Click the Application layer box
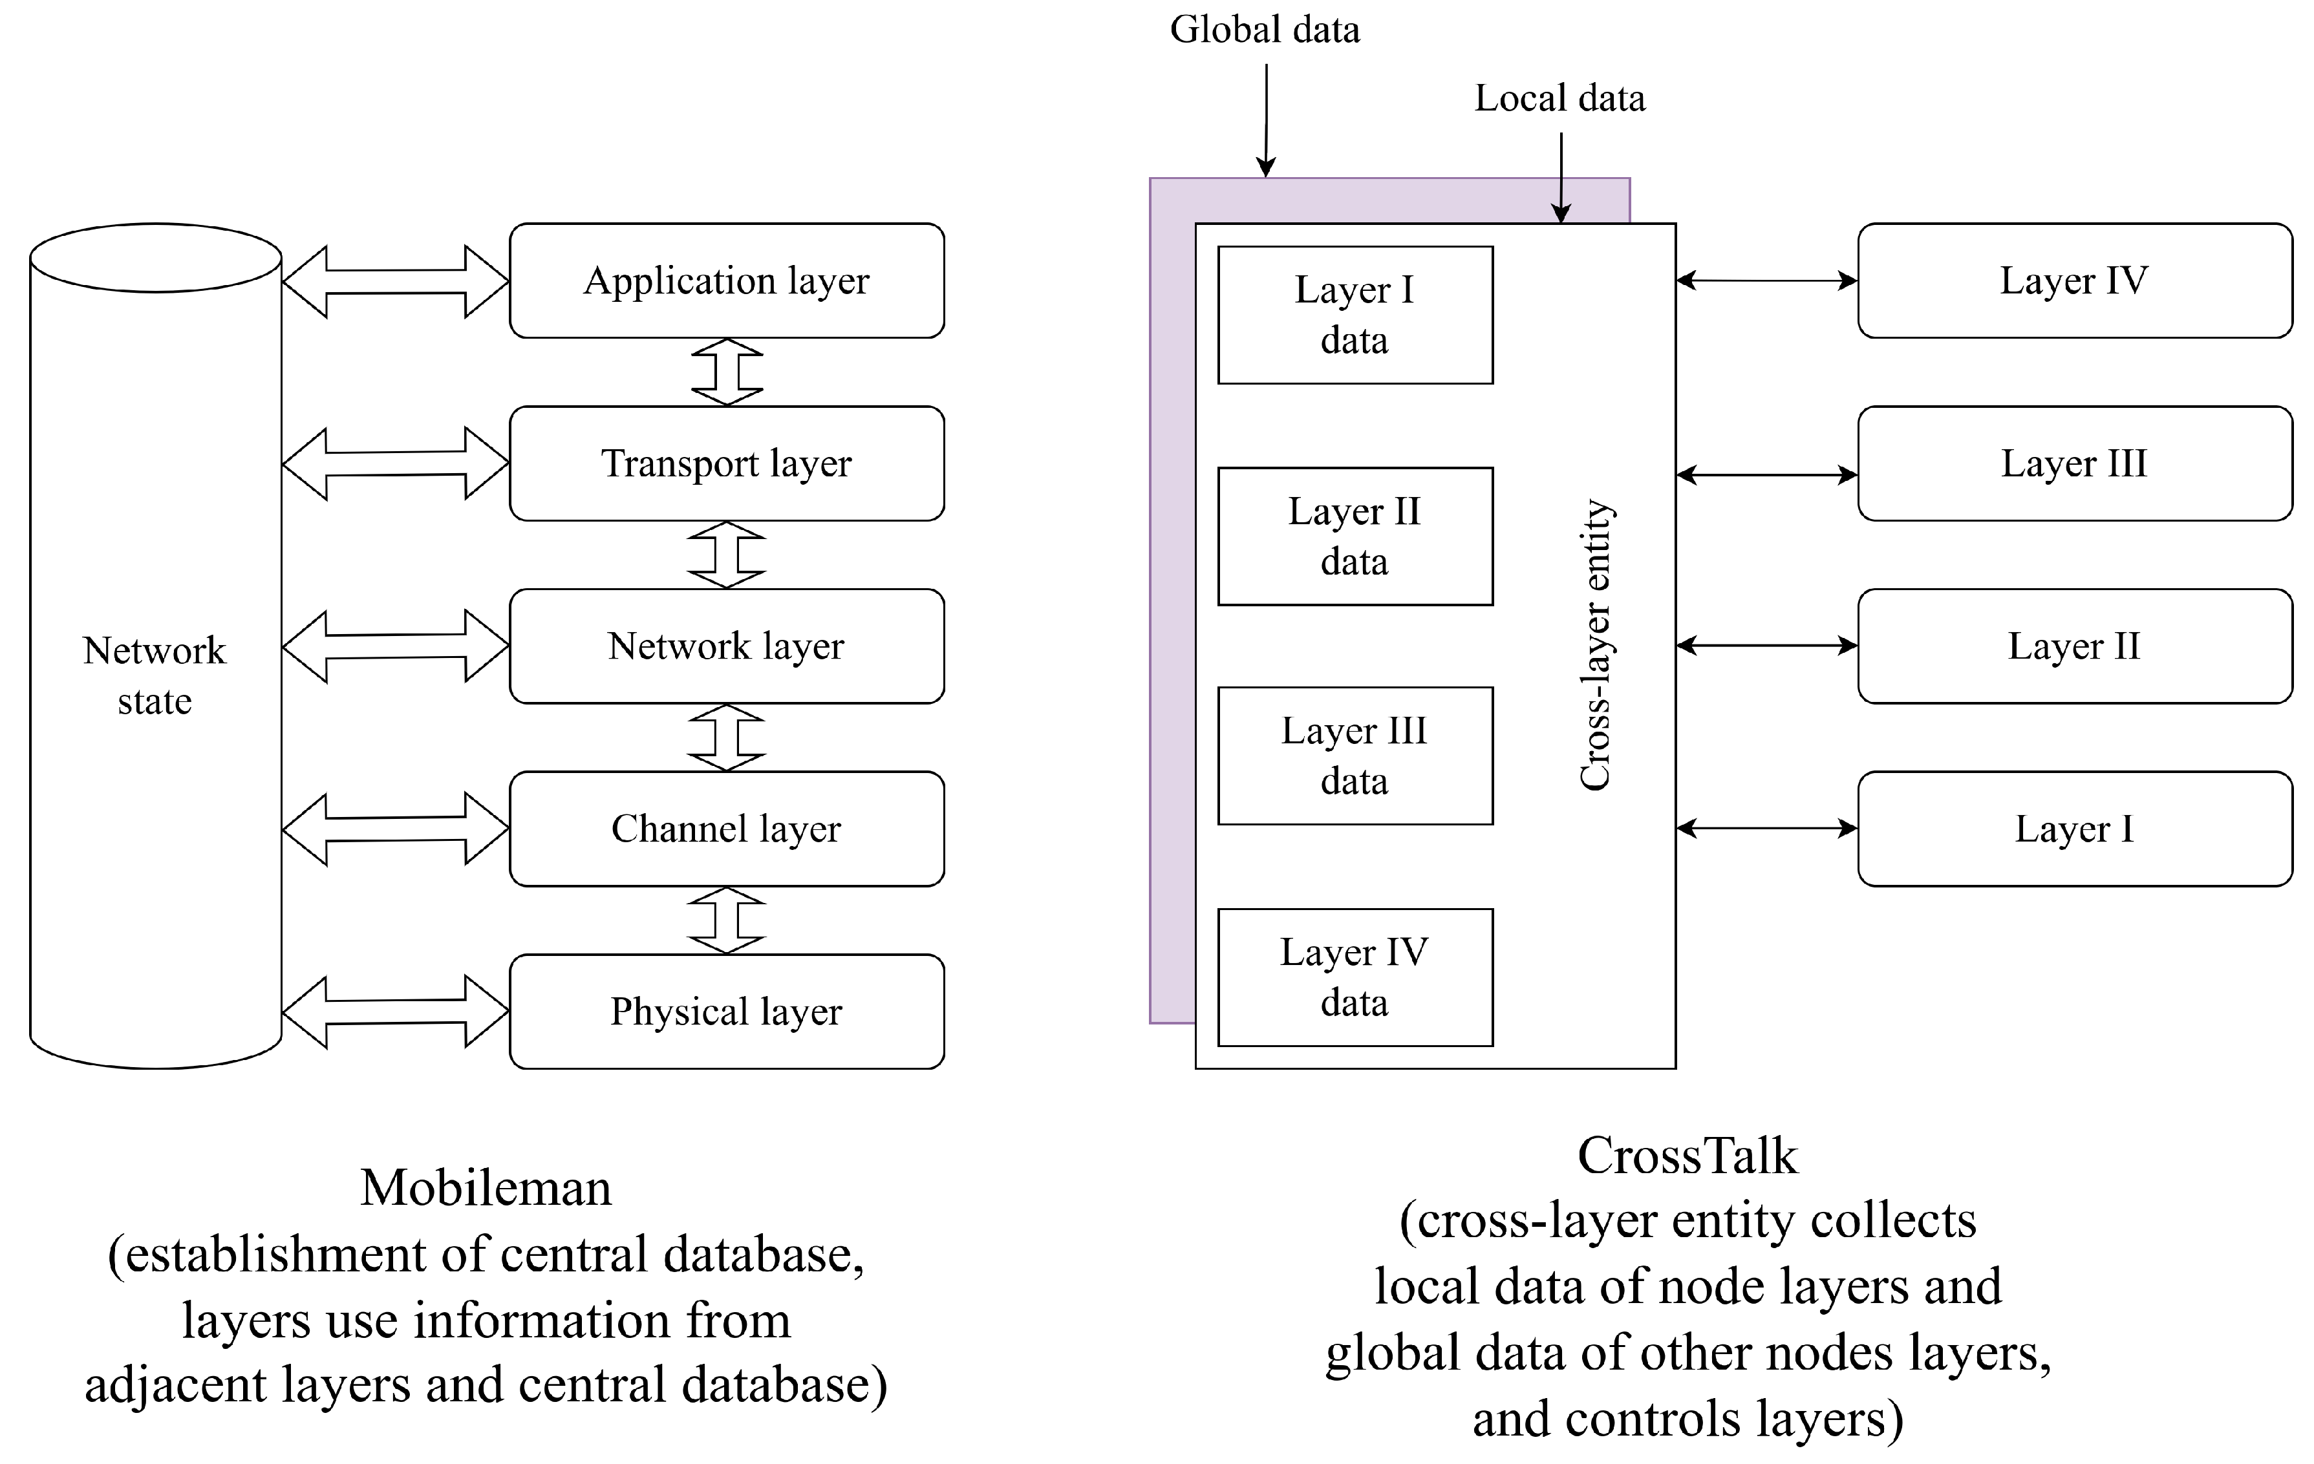click(727, 281)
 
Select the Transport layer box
click(727, 463)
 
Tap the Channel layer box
click(727, 828)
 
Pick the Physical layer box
click(727, 1011)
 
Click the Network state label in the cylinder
click(155, 675)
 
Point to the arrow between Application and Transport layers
click(727, 372)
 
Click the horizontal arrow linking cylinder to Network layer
click(395, 646)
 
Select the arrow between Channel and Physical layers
click(727, 920)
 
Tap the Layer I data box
click(1355, 315)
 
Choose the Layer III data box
click(1355, 756)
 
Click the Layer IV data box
click(1355, 977)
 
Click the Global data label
click(1265, 30)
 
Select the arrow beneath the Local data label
click(1561, 178)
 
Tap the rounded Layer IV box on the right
click(2075, 281)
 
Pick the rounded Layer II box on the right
click(2075, 646)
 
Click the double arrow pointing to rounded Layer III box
click(1766, 474)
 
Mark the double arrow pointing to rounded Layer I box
click(1766, 828)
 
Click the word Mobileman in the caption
click(486, 1188)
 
